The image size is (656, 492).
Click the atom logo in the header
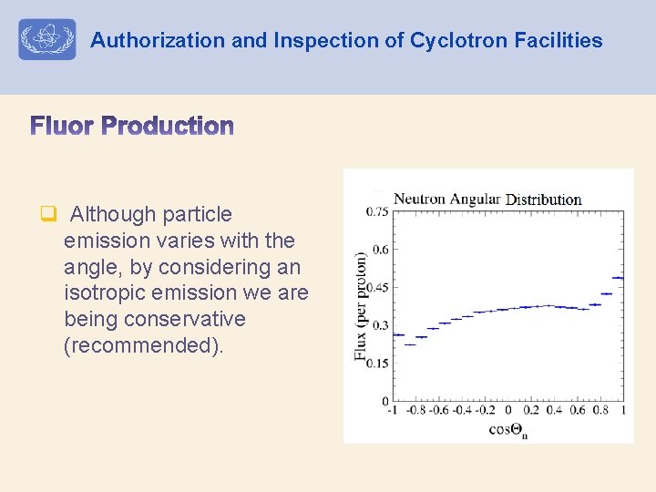point(47,40)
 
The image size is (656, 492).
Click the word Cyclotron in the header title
point(452,40)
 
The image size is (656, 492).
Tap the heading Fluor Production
point(133,126)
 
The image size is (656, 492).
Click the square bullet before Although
point(48,215)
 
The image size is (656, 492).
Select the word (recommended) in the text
point(143,345)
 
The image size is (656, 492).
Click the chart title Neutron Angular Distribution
point(487,199)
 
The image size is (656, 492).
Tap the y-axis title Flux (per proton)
point(361,306)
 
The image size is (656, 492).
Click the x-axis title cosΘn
point(508,429)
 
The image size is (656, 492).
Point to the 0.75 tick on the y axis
point(377,211)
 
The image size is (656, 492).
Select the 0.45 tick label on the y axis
point(377,287)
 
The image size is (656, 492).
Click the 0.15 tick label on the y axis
point(377,363)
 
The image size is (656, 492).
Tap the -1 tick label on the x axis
point(393,411)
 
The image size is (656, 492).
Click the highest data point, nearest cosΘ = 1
point(618,278)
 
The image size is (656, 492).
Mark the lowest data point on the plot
point(409,344)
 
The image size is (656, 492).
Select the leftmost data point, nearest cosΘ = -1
point(397,335)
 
